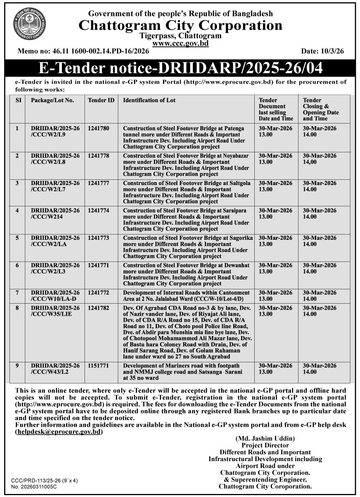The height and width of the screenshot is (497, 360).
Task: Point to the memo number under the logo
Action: click(x=83, y=51)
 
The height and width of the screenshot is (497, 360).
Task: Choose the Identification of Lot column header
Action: click(x=149, y=100)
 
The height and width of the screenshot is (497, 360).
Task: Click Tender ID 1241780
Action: click(x=98, y=128)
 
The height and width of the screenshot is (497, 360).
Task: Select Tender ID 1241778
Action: click(x=98, y=156)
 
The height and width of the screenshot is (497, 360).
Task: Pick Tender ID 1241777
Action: click(x=98, y=183)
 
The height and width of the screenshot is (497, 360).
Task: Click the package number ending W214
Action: click(x=47, y=217)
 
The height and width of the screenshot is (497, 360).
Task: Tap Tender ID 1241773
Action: click(x=98, y=238)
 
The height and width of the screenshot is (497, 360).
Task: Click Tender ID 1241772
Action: click(x=98, y=293)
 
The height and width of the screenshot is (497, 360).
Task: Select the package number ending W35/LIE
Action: click(x=51, y=314)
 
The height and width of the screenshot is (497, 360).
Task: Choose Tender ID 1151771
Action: click(x=98, y=366)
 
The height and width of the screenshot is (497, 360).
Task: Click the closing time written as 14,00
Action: click(x=310, y=162)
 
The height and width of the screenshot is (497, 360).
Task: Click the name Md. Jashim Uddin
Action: click(x=265, y=439)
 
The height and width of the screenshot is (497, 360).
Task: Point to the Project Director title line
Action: click(x=265, y=445)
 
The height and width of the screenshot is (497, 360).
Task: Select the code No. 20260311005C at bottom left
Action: click(x=34, y=487)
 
